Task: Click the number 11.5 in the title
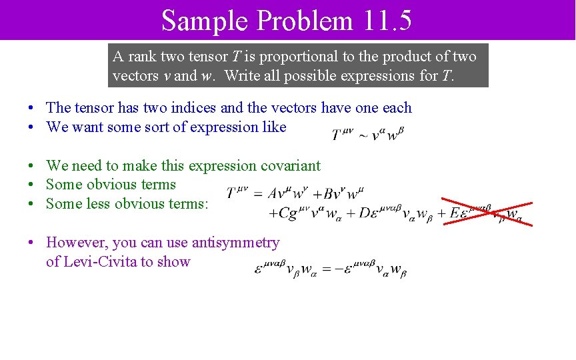[388, 20]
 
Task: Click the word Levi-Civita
[99, 261]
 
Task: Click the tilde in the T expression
[363, 135]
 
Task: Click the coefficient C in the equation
[284, 213]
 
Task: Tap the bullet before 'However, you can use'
[31, 243]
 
